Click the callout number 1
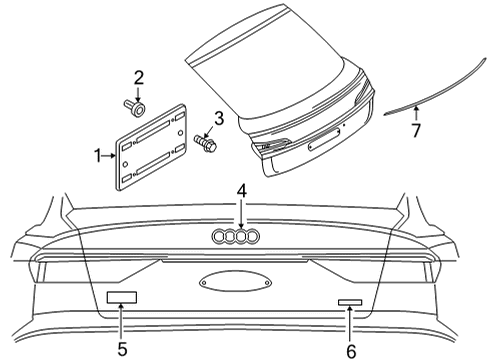98,156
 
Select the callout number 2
139,78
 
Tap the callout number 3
219,119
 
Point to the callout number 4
242,192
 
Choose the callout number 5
122,349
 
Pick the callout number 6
351,351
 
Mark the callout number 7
416,130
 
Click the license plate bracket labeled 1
151,148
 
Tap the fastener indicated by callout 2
135,108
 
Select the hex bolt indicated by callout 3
206,143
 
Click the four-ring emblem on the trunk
236,236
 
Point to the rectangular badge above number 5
122,297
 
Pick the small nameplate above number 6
350,302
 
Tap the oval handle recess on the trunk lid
236,282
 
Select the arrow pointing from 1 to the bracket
109,156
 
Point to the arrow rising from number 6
350,325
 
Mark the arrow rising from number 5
121,323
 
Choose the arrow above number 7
416,113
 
